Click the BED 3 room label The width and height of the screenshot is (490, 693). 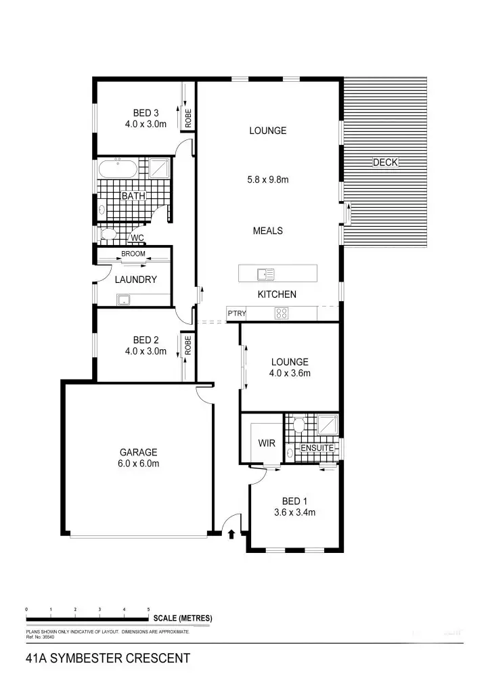pyautogui.click(x=146, y=112)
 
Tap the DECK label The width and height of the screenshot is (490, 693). pyautogui.click(x=386, y=162)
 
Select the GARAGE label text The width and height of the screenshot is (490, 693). pyautogui.click(x=139, y=452)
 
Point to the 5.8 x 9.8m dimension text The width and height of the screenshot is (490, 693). pyautogui.click(x=267, y=180)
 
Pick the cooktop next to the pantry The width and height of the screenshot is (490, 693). pyautogui.click(x=282, y=313)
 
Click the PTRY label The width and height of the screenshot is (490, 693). pyautogui.click(x=237, y=313)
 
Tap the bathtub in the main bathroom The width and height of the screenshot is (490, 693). pyautogui.click(x=118, y=169)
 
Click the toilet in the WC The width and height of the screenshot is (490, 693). pyautogui.click(x=108, y=235)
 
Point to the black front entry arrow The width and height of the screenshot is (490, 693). pyautogui.click(x=232, y=534)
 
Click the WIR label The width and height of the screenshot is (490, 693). pyautogui.click(x=267, y=443)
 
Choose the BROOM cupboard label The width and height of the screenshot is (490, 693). pyautogui.click(x=133, y=254)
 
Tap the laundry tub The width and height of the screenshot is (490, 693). pyautogui.click(x=125, y=299)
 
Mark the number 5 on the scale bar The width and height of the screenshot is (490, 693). pyautogui.click(x=149, y=610)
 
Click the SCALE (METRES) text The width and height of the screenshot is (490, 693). pyautogui.click(x=183, y=618)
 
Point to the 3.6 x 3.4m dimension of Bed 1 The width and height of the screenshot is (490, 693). pyautogui.click(x=294, y=512)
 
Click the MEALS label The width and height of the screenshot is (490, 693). pyautogui.click(x=267, y=231)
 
